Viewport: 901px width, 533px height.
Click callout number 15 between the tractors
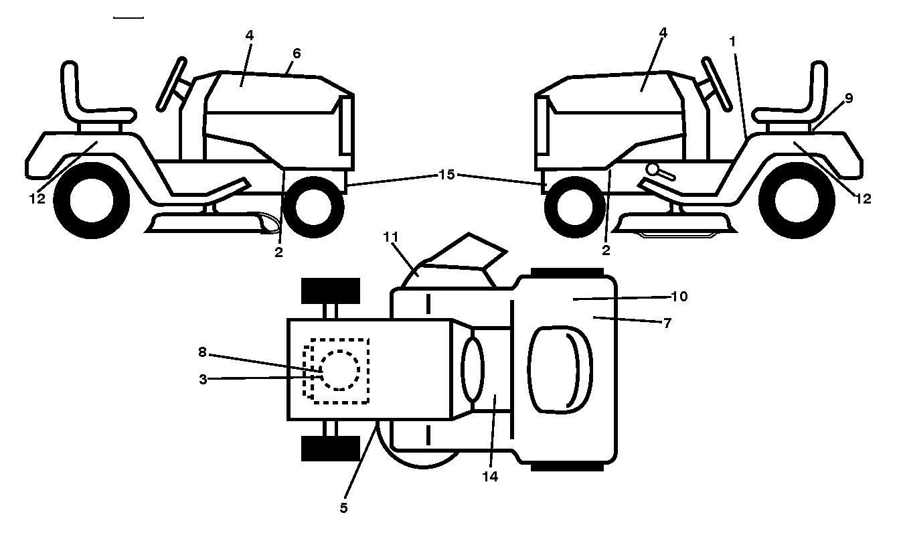[x=446, y=175]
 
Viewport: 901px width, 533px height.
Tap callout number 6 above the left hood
[x=297, y=53]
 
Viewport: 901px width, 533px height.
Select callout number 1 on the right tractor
[x=732, y=42]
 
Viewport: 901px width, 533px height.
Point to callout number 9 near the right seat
[x=848, y=98]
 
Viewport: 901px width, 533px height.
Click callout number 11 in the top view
[x=390, y=237]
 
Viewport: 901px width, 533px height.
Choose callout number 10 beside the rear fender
[x=679, y=297]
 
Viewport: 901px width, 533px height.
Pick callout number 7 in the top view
[x=667, y=323]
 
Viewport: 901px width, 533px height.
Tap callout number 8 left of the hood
[x=202, y=352]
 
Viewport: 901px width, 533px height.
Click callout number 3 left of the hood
[x=203, y=379]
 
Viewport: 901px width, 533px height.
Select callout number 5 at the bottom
[x=343, y=508]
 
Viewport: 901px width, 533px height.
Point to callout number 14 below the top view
[x=490, y=477]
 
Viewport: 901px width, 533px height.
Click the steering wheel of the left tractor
[x=171, y=84]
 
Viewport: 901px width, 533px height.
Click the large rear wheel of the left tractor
[x=91, y=200]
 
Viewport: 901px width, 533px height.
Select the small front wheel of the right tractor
[x=569, y=207]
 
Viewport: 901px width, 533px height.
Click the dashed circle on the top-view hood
[x=340, y=370]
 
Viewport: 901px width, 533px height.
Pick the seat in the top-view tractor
[x=560, y=370]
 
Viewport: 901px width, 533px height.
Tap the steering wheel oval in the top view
[x=473, y=370]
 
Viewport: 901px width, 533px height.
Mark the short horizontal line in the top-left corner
[x=129, y=17]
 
